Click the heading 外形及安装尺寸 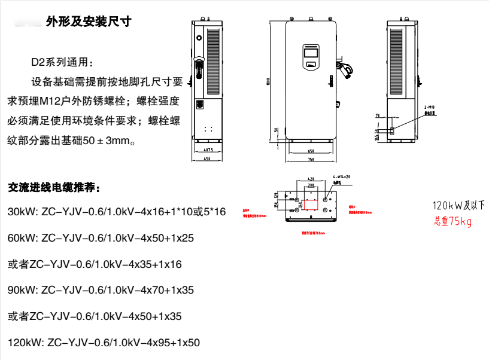[87, 23]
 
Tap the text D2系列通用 [62, 62]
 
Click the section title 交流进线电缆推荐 [54, 187]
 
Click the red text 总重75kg [453, 222]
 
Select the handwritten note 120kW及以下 [460, 205]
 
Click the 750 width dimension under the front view [311, 160]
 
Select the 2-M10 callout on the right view [429, 105]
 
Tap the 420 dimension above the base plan [310, 179]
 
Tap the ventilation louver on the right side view [396, 62]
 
